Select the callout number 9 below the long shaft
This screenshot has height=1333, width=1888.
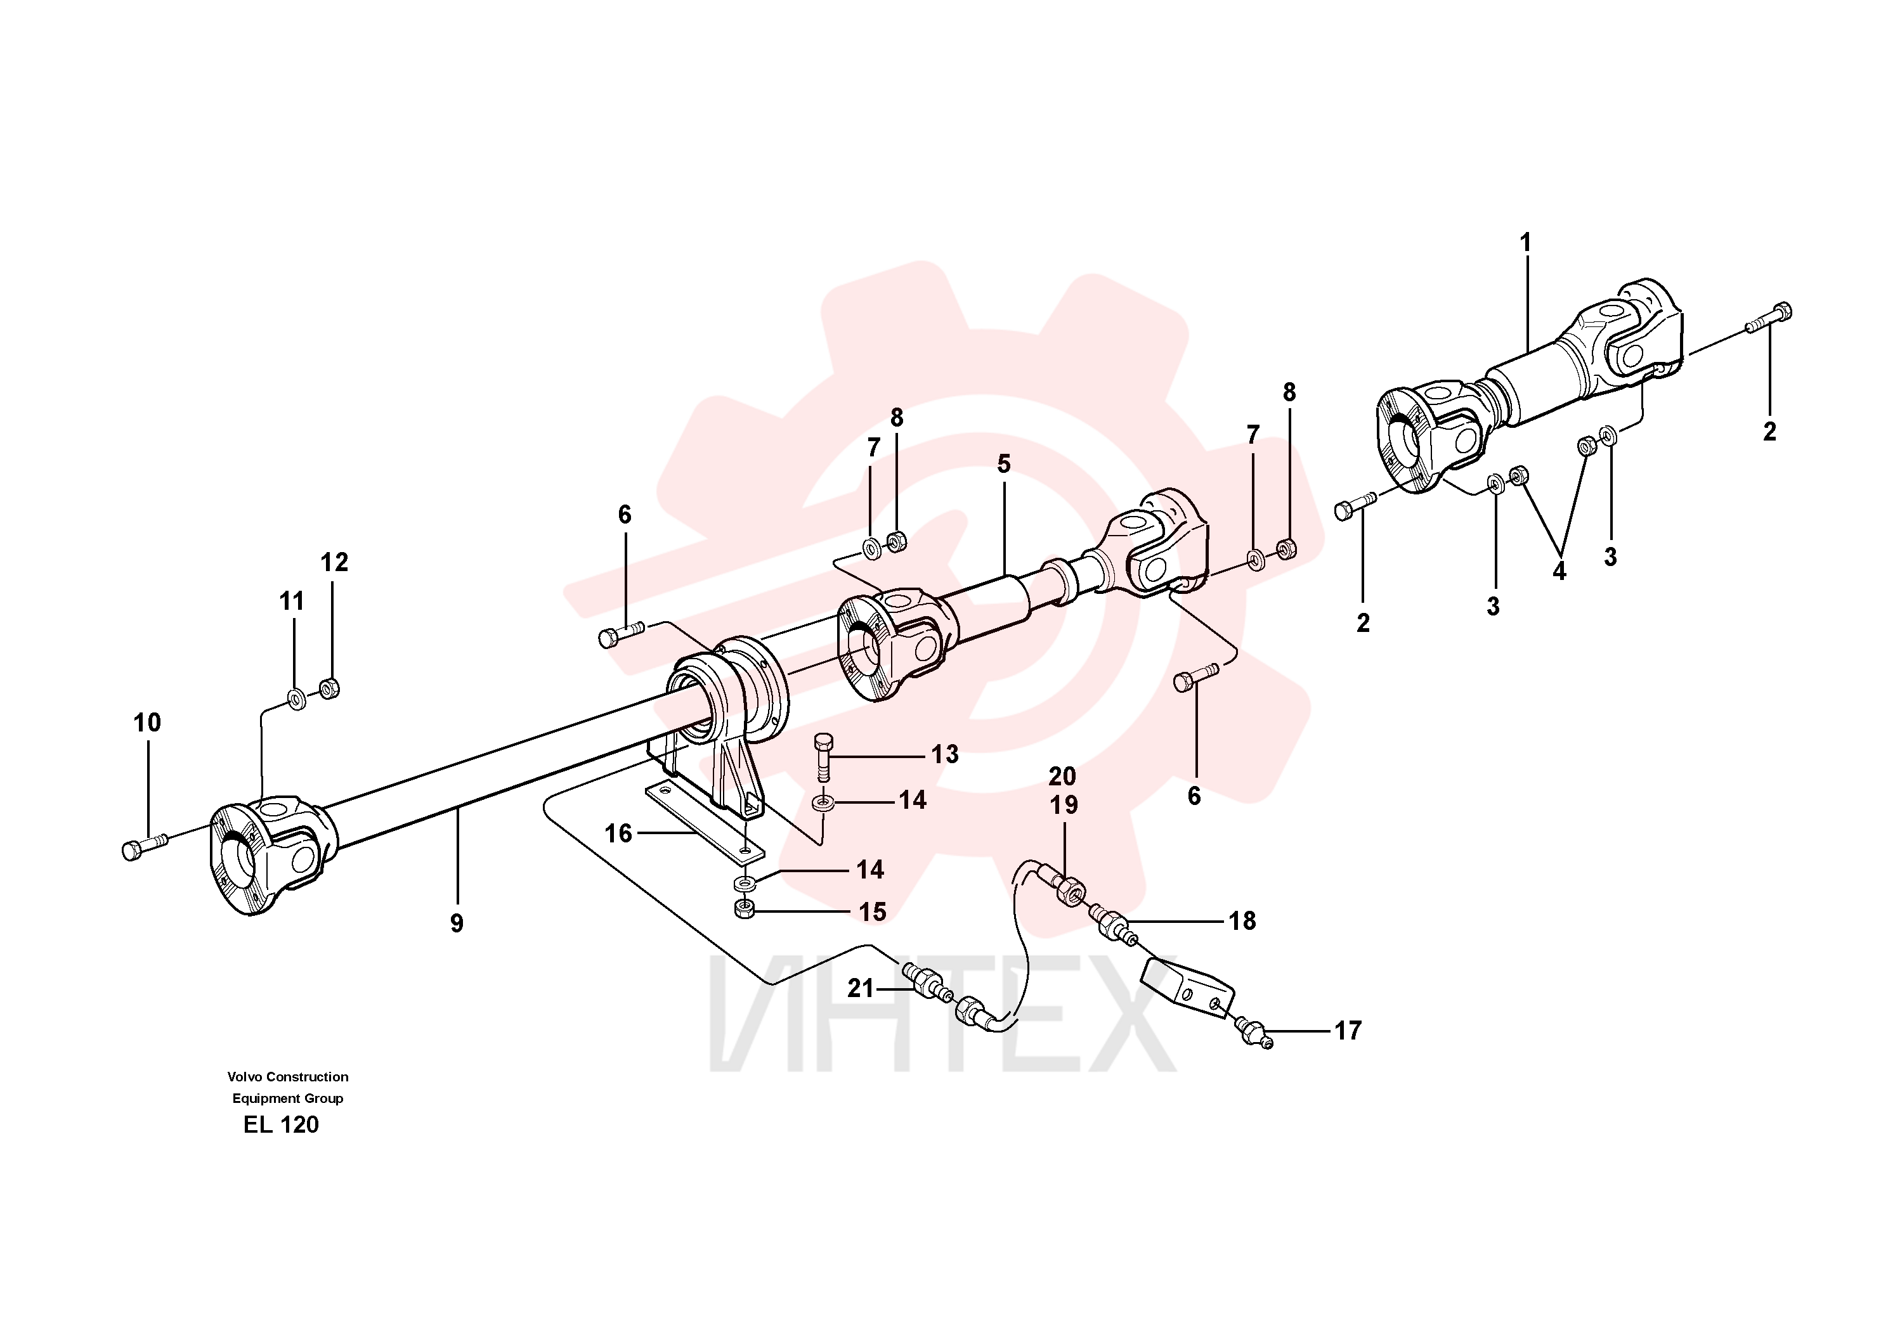(457, 923)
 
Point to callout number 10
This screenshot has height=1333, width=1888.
(147, 723)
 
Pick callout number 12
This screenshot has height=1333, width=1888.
(334, 562)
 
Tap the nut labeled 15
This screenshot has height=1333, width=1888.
(744, 910)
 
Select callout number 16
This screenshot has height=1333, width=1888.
(618, 834)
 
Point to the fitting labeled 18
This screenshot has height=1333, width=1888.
(1114, 925)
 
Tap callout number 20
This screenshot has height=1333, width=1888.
(1062, 776)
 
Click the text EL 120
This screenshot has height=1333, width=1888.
(281, 1124)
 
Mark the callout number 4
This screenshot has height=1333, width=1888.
(1559, 570)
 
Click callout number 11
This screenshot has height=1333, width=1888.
(292, 602)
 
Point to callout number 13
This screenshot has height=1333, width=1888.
(945, 754)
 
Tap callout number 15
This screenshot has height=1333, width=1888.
(873, 911)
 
